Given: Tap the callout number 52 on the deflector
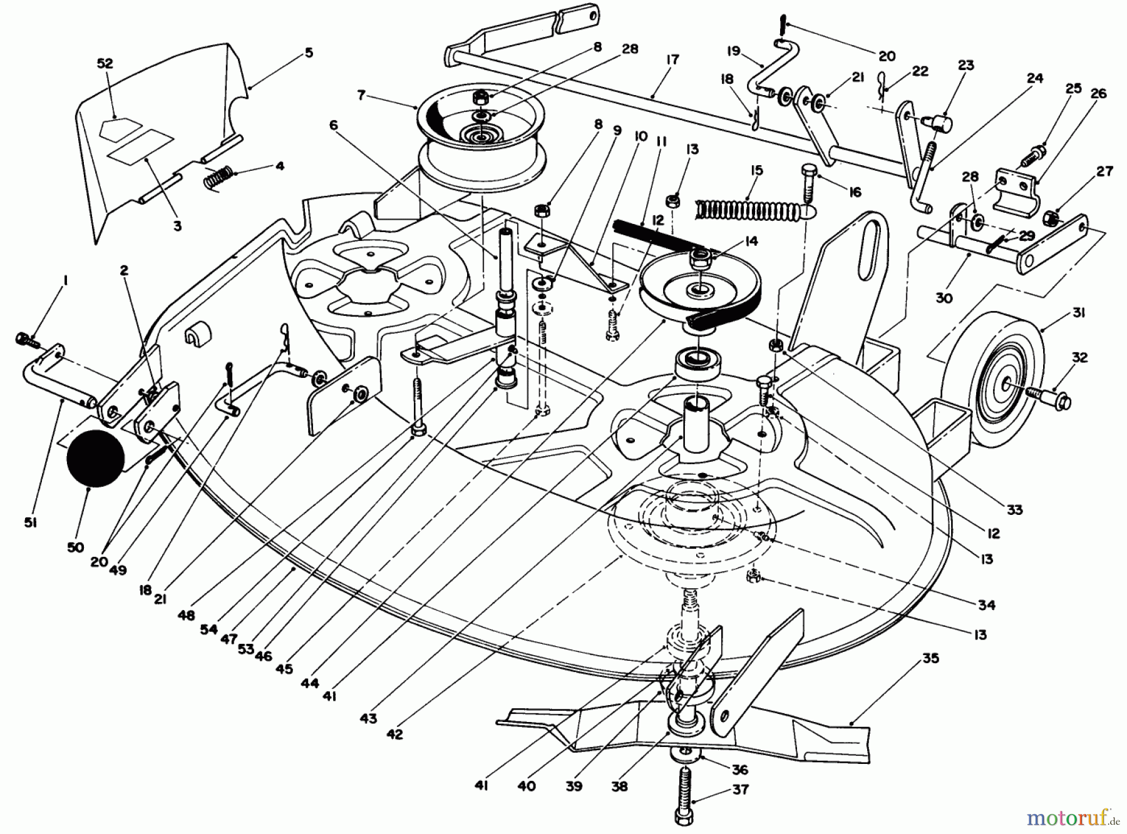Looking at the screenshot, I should [x=105, y=63].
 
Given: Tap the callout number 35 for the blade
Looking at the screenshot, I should [x=930, y=659].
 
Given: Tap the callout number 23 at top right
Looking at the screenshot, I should [x=966, y=65].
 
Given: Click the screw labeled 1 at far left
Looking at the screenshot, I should [x=26, y=339].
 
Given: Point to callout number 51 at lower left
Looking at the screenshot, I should [x=30, y=521].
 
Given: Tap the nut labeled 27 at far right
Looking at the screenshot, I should [x=1052, y=218].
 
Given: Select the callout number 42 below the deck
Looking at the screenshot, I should [x=394, y=735].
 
